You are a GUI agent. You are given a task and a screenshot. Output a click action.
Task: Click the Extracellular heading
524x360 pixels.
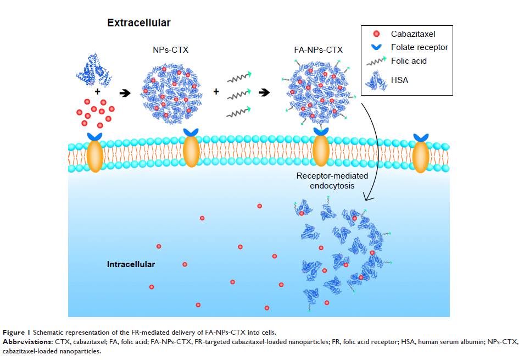coord(138,23)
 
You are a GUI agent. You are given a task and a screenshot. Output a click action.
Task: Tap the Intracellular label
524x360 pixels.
coord(131,264)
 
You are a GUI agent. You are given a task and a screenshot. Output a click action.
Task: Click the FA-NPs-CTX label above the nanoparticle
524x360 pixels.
coord(319,50)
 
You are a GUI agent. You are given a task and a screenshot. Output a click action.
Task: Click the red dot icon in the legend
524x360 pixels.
coord(376,34)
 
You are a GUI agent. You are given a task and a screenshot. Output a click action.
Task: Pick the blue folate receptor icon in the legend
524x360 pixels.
coord(376,47)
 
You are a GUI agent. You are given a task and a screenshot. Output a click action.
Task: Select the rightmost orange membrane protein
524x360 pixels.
coord(421,156)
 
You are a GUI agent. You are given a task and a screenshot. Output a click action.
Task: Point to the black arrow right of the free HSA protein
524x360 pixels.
coord(126,93)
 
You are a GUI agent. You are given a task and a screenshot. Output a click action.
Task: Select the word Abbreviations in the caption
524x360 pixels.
coord(26,342)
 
